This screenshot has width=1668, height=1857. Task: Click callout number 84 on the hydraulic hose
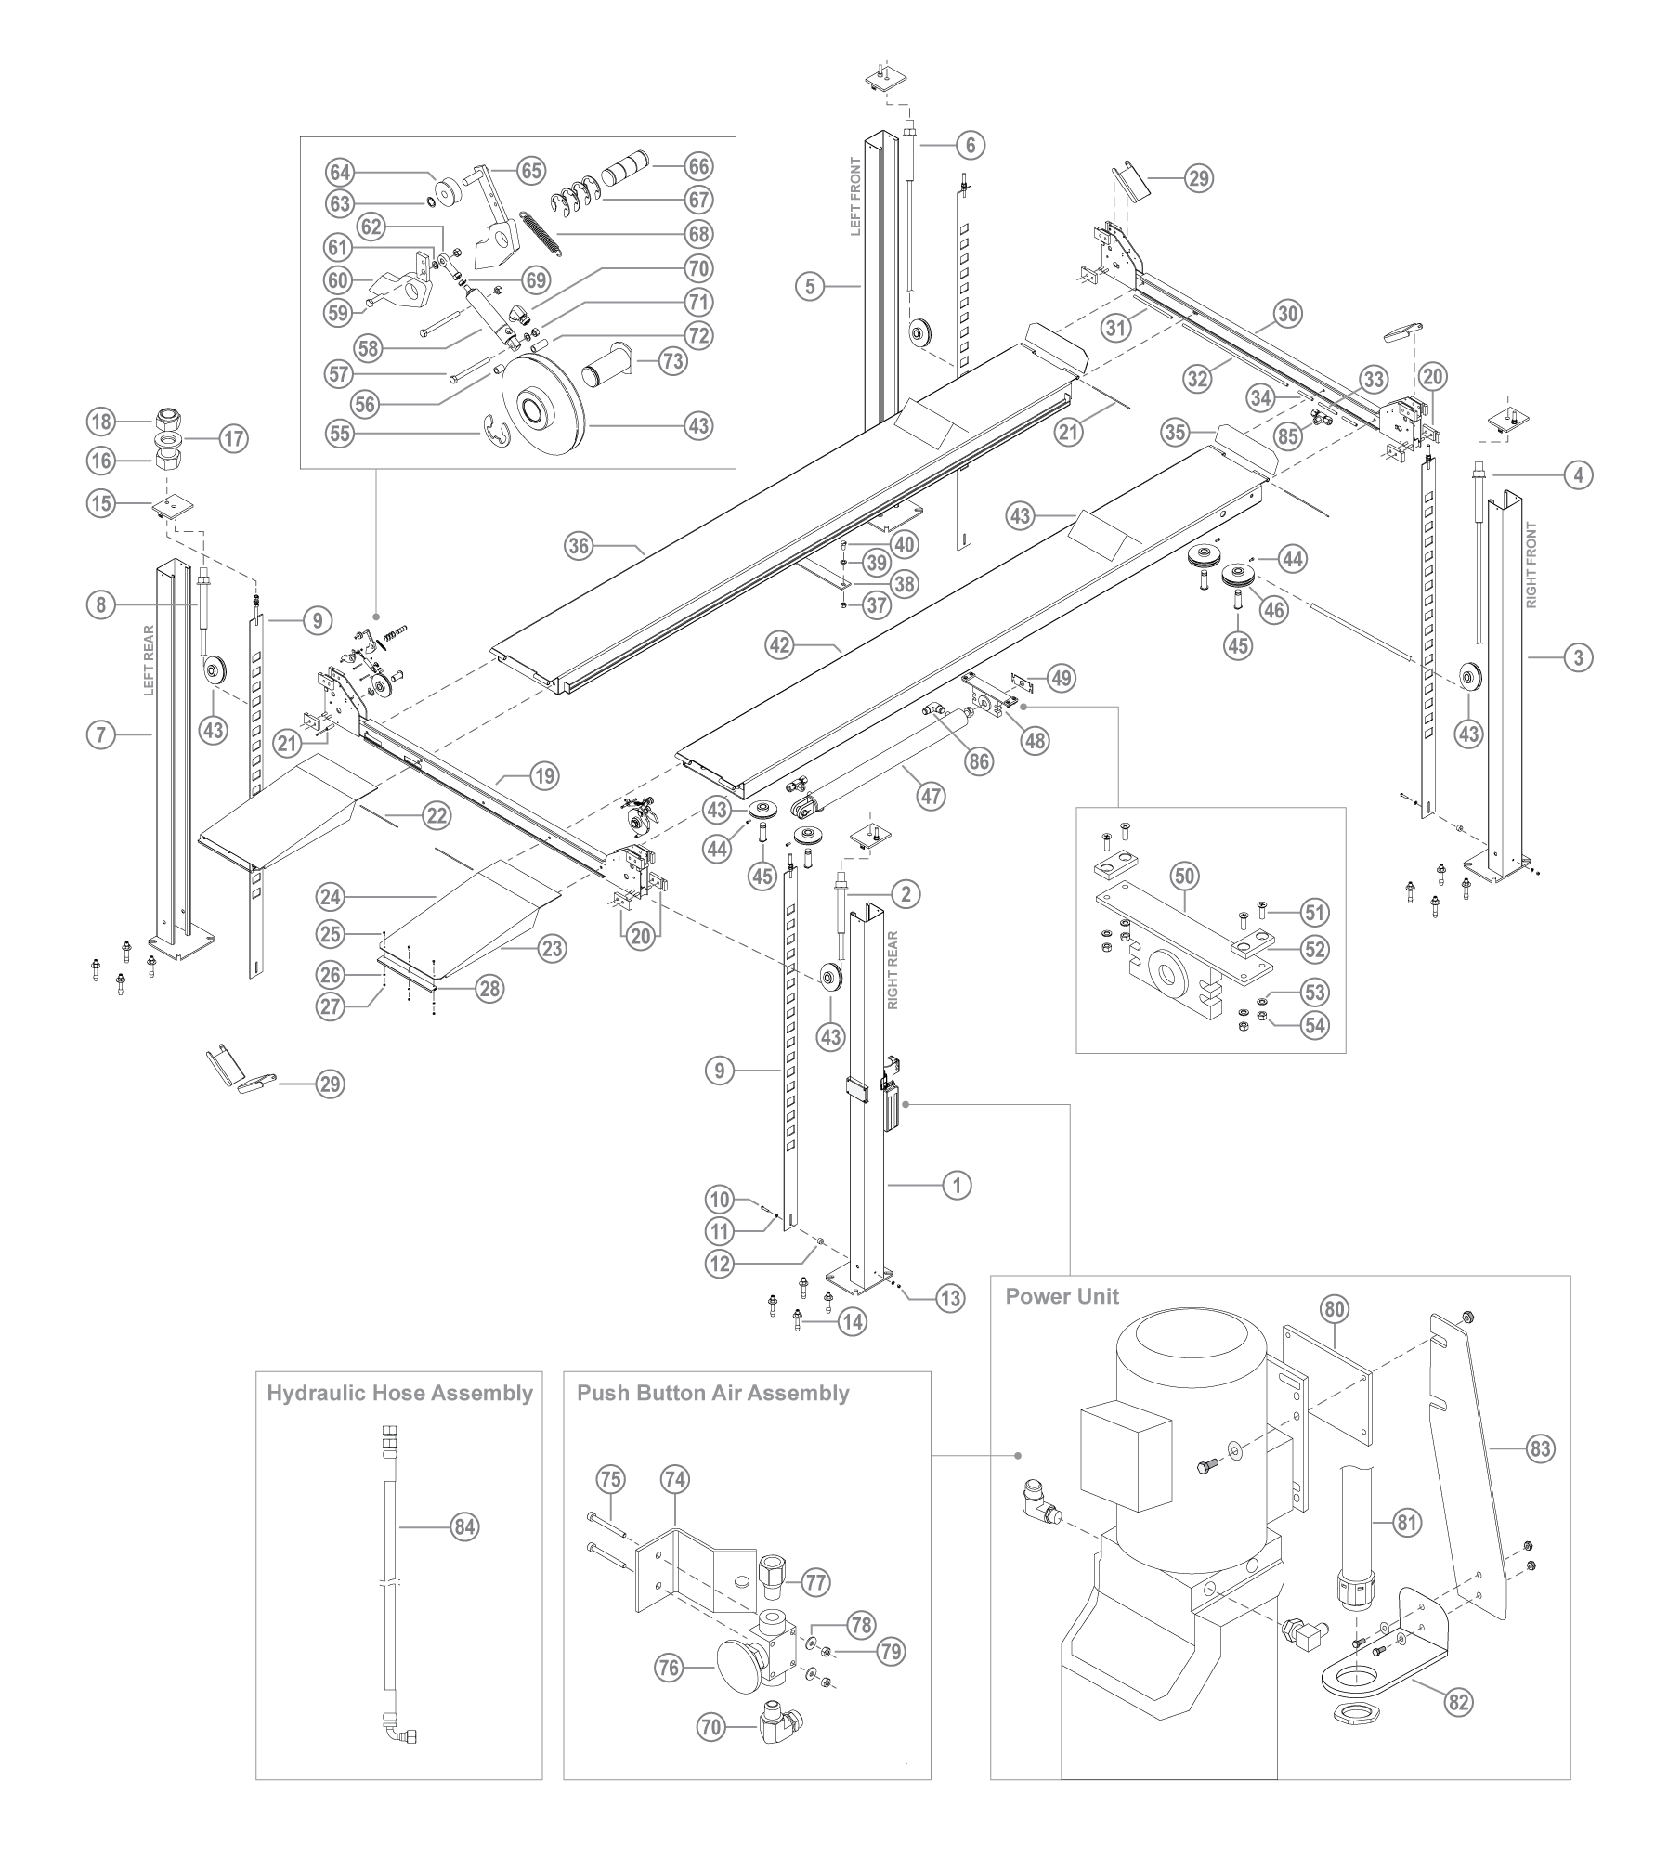pos(464,1526)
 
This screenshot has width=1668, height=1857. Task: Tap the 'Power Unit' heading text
pos(1062,1296)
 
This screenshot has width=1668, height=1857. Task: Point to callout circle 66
pos(698,166)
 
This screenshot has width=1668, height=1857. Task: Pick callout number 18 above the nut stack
pos(101,421)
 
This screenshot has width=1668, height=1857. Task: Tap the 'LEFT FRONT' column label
pos(856,196)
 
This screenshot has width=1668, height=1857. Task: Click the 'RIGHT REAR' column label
pos(893,970)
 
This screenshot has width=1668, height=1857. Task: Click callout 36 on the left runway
pos(580,546)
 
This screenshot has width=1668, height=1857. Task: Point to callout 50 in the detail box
pos(1185,876)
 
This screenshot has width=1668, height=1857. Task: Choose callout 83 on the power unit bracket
pos(1540,1448)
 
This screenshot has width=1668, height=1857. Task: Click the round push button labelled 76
pos(741,1667)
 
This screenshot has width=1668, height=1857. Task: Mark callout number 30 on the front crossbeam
pos(1287,314)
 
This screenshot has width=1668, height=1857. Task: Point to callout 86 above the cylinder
pos(978,761)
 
